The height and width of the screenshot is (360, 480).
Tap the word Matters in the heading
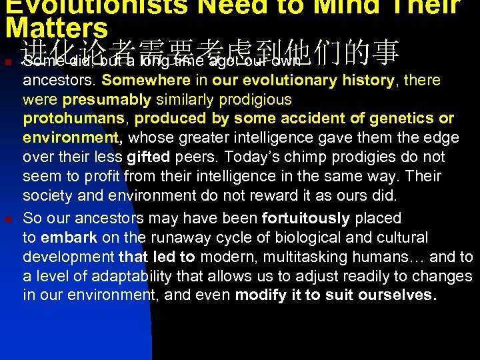click(x=56, y=28)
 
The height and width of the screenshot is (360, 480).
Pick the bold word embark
click(x=69, y=238)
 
